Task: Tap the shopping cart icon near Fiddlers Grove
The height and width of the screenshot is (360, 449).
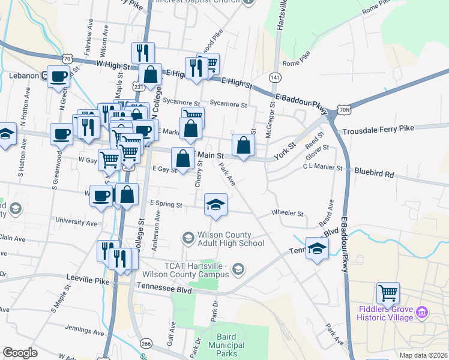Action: (388, 293)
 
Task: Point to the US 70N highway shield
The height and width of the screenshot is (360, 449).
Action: (343, 110)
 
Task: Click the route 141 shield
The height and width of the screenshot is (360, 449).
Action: (275, 78)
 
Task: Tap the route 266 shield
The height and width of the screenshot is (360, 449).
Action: (145, 343)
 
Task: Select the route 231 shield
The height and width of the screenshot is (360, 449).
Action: (139, 87)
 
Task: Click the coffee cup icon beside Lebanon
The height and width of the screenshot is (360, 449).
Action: (59, 76)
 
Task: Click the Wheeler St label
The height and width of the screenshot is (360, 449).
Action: (288, 213)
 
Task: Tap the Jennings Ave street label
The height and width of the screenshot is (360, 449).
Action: (85, 329)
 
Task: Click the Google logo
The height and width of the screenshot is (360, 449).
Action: (20, 353)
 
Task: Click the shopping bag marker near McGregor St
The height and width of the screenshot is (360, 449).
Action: (243, 145)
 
